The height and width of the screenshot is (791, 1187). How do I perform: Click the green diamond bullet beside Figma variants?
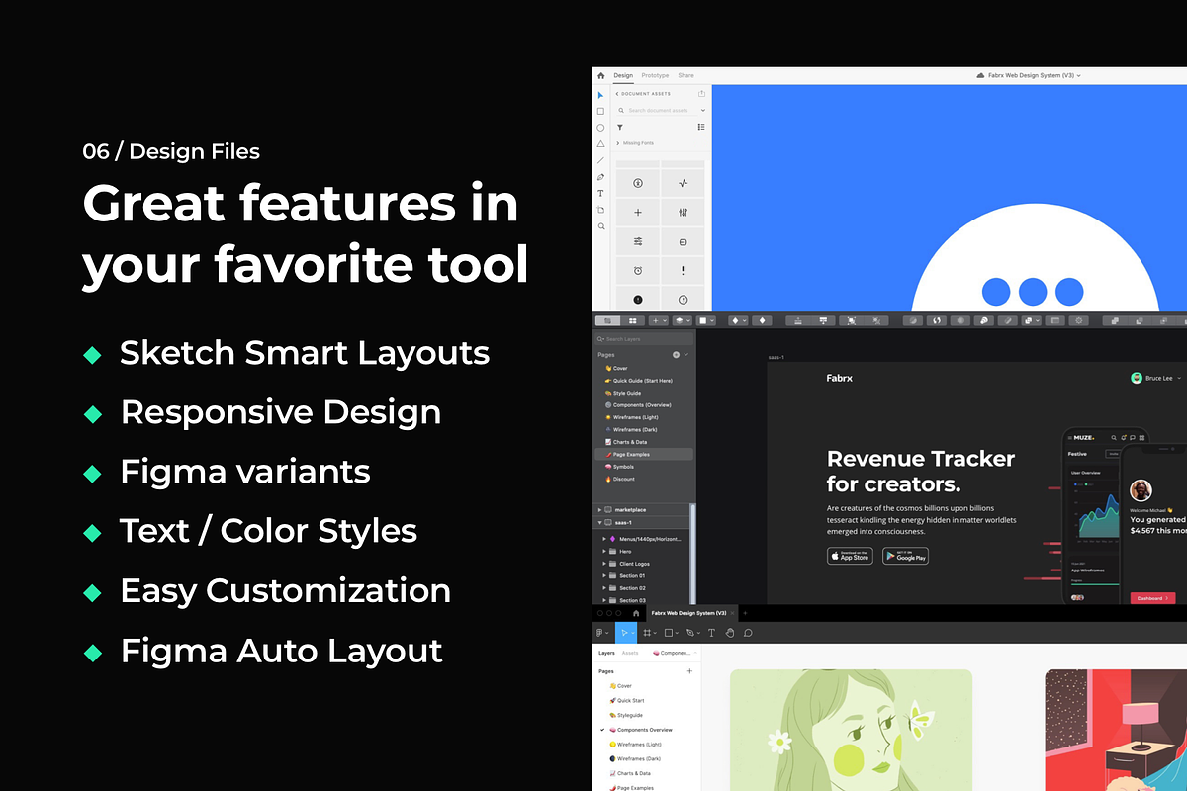point(92,474)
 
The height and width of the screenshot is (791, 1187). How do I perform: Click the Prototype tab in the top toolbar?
point(655,75)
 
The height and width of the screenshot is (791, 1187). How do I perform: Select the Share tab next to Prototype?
point(685,75)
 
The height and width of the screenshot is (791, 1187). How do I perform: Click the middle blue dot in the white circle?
point(1033,292)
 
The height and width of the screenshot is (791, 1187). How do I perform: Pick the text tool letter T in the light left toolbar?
point(600,193)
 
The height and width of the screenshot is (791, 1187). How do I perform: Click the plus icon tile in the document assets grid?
point(638,213)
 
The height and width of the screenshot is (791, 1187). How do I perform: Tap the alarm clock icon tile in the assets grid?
point(638,270)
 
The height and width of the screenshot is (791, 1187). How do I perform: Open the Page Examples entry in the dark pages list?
point(631,455)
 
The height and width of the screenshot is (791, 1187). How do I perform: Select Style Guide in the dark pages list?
point(627,393)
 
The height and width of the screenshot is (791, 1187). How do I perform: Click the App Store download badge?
point(850,556)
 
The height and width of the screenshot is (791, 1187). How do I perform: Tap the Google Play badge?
point(905,556)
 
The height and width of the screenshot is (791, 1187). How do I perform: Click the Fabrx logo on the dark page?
point(839,378)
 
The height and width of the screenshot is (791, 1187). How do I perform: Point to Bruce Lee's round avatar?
point(1137,378)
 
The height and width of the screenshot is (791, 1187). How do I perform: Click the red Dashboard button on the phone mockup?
point(1151,598)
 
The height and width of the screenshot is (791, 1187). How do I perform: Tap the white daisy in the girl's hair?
point(780,740)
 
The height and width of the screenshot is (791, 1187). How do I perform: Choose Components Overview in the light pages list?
point(644,730)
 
